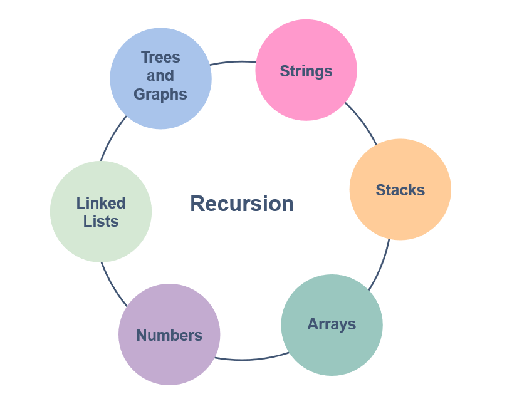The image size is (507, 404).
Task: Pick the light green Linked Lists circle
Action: [100, 238]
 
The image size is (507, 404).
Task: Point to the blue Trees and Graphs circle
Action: [160, 113]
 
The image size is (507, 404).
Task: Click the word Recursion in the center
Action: [242, 204]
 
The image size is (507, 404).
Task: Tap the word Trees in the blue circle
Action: [160, 58]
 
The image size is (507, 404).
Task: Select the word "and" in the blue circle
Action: [160, 76]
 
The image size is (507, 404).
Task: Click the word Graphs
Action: [160, 95]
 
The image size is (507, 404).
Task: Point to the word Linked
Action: [101, 203]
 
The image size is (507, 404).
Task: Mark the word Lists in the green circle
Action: [101, 221]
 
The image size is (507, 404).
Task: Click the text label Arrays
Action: [332, 324]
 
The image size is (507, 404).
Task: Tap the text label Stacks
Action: [400, 190]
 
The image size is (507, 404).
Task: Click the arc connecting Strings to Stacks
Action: [363, 122]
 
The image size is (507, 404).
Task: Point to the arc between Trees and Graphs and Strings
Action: [233, 62]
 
